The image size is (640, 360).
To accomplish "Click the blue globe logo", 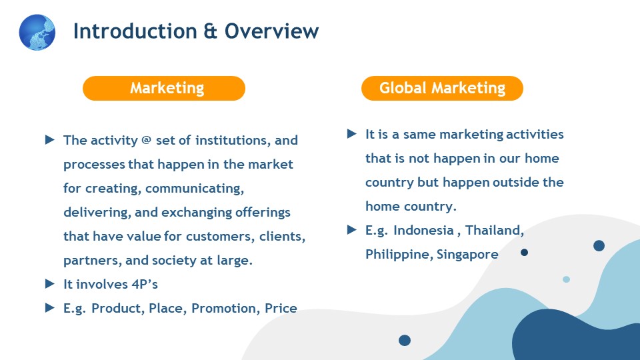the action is (x=37, y=32).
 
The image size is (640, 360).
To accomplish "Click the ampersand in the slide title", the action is (x=210, y=31).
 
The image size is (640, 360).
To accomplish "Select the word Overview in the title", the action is (x=271, y=31).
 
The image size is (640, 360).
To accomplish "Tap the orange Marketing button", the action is (x=164, y=88).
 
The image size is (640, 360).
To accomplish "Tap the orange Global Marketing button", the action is (x=442, y=88).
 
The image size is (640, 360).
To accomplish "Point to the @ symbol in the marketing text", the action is (x=146, y=140).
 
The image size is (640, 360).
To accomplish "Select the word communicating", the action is (x=195, y=189).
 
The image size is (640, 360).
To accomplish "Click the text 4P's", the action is (x=145, y=284).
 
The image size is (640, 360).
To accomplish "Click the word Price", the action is (x=281, y=308).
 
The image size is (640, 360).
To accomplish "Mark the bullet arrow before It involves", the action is (x=50, y=284).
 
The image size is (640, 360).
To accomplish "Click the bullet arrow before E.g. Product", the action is (x=50, y=308).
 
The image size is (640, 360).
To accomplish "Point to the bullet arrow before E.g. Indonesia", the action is (x=352, y=230).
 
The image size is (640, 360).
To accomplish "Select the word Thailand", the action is (x=495, y=230).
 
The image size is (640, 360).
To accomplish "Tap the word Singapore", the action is (x=467, y=254).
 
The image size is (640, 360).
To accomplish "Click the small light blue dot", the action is (x=566, y=279).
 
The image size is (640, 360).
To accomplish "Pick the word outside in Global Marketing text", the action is (x=515, y=182).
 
